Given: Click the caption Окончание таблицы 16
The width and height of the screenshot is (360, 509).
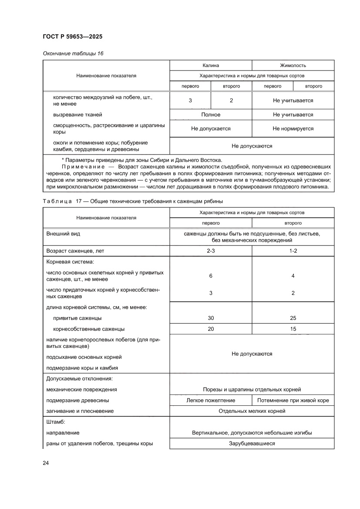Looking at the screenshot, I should (73, 54).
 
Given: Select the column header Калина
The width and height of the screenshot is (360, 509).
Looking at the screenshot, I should (211, 65).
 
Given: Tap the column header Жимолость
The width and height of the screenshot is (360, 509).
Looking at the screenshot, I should (293, 65).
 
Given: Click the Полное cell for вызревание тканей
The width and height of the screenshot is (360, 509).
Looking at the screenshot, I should (211, 115).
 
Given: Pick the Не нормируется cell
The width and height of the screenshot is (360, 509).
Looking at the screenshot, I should (293, 129).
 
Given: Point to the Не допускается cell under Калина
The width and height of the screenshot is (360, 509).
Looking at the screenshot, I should (211, 129).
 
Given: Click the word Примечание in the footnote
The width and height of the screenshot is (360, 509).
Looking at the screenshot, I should (83, 167).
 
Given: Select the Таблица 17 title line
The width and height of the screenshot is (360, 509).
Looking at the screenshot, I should (133, 201).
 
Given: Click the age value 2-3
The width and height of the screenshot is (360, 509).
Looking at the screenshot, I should (211, 251).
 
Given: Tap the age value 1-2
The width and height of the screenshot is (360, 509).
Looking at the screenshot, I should (293, 251).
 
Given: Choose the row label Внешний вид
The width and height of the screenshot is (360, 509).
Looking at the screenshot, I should (63, 234).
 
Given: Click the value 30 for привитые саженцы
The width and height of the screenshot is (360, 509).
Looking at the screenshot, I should (211, 318).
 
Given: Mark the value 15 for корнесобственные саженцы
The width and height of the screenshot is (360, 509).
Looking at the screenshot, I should (293, 329).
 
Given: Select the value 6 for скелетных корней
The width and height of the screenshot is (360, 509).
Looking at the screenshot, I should (211, 276).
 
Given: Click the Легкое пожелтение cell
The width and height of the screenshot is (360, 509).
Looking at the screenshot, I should (211, 400).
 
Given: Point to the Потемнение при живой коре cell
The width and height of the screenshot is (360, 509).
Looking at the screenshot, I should (293, 400).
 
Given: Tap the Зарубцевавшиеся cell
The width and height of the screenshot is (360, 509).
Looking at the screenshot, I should (252, 444).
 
